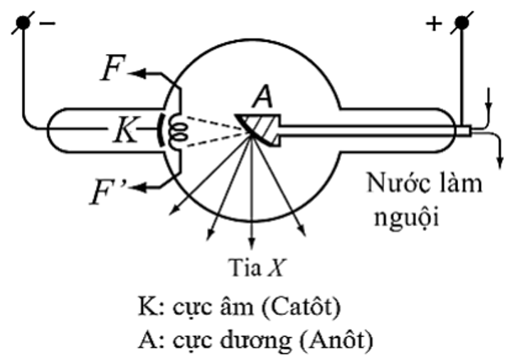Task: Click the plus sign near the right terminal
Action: (433, 24)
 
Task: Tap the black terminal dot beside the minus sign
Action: (25, 23)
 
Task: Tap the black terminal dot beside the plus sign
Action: (462, 24)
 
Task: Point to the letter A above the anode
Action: (261, 96)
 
